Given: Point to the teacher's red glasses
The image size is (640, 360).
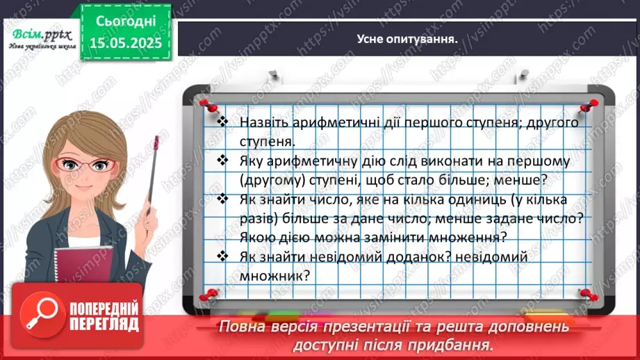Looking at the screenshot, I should (87, 165).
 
